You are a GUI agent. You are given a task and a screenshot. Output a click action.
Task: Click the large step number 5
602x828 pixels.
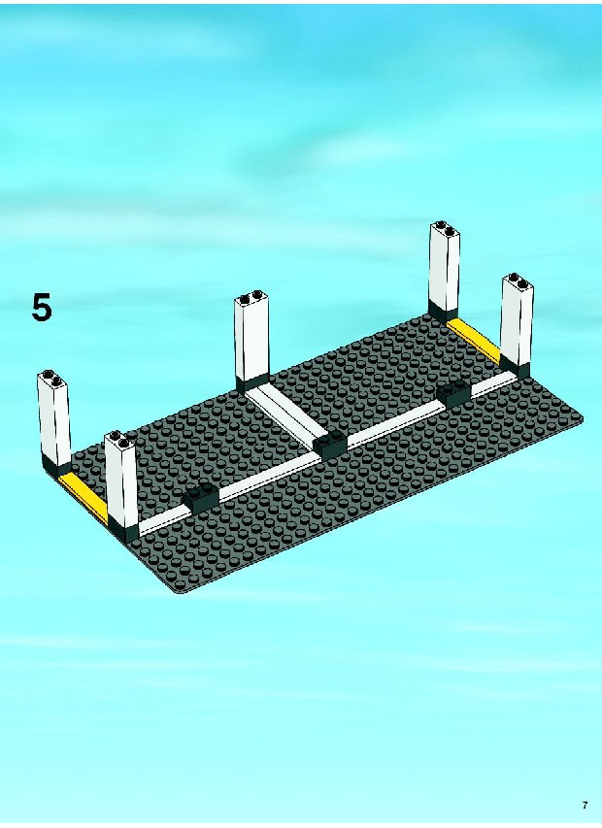pos(42,308)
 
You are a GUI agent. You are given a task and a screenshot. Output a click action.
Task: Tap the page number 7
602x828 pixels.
pos(585,806)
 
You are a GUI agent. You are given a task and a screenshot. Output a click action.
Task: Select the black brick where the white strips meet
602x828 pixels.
pos(330,447)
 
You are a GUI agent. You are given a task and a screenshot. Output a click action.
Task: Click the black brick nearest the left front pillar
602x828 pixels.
pos(201,498)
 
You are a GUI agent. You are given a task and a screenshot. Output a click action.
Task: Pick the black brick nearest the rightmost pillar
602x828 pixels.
pos(454,393)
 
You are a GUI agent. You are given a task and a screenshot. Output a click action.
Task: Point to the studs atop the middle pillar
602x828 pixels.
pos(251,296)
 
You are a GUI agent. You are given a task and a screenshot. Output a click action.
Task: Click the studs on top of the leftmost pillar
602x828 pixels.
pos(51,376)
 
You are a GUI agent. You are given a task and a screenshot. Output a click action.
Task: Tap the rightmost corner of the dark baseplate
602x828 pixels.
pos(583,417)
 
